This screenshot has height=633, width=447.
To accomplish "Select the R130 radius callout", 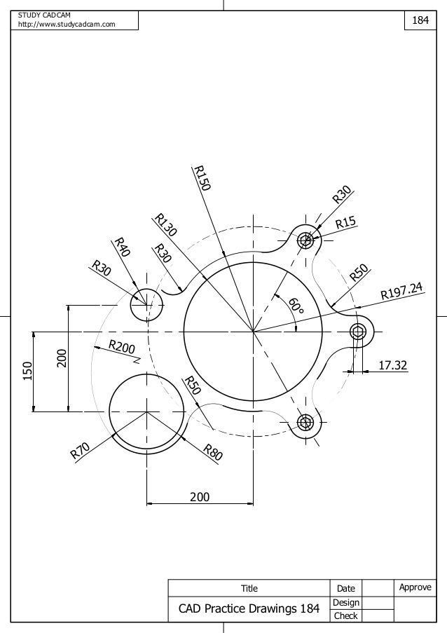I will coord(165,226).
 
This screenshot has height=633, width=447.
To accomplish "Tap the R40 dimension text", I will coord(122,248).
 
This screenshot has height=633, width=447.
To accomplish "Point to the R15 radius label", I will coord(345,224).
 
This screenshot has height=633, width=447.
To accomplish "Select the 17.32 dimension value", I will coord(393,365).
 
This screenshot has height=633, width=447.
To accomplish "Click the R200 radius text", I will coord(121,348).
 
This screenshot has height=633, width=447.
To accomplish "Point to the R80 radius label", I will coord(212,452).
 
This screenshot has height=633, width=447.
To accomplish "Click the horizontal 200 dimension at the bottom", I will coord(200,496).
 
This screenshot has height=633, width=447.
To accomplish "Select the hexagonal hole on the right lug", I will coord(360,332).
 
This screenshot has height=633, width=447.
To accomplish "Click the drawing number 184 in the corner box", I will coord(420,20).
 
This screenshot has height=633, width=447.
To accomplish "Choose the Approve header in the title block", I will coord(415,587).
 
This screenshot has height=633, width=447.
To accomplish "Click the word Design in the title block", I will coord(345,602).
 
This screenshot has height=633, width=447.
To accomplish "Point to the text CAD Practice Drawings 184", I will coord(249,609).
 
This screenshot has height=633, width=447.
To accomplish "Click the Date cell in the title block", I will coord(345,589).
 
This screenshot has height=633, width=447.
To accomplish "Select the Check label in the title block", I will coord(345,616).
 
